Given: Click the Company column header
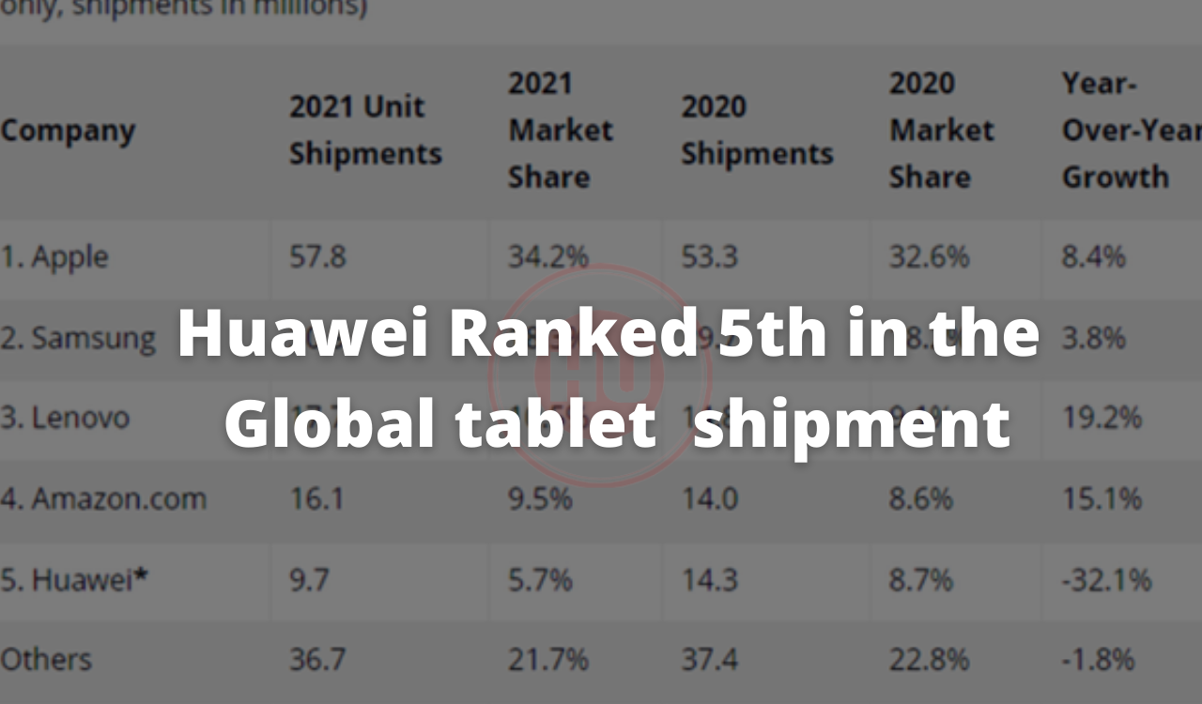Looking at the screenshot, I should coord(68,130).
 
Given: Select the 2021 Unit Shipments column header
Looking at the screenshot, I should coord(364,130).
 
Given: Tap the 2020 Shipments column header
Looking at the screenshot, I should coord(757,130).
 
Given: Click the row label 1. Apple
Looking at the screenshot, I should coord(54,257).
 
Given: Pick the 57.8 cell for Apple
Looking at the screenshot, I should coord(317,257).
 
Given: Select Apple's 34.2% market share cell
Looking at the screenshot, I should coord(548,257).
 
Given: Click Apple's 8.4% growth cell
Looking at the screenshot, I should coord(1093,257).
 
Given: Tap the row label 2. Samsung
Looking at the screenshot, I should coord(78,338).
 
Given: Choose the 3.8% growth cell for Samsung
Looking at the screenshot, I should coord(1093,338).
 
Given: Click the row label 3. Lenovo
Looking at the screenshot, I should coord(65,418).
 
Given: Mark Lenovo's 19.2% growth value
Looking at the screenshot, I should coord(1102,418).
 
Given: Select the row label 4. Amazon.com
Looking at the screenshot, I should coord(103,498).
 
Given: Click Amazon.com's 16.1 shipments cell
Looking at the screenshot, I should coord(316,498).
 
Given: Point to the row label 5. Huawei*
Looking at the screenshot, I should coord(75,580).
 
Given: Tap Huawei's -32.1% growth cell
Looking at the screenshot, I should coord(1106,580).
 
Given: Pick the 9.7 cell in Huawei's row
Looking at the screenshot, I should coord(309,580).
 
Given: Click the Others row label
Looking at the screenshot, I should coord(46,660).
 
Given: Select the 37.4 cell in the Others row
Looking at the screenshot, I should coord(709,660).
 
